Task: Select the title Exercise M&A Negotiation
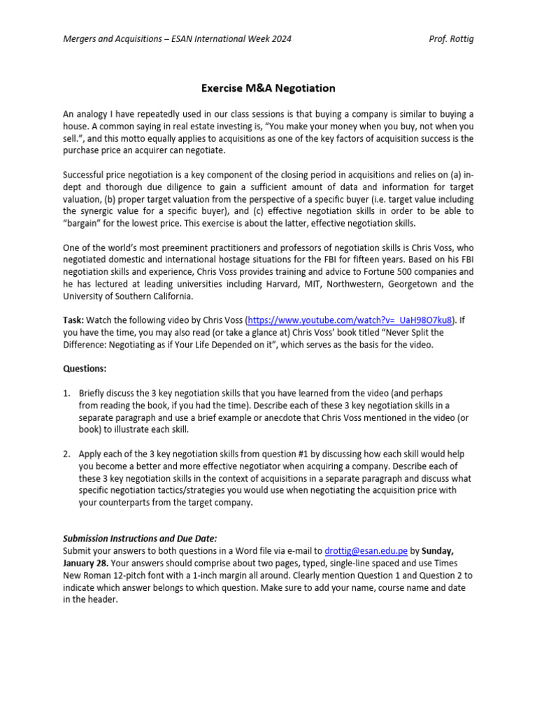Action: tap(268, 88)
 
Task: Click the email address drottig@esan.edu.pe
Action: tap(366, 551)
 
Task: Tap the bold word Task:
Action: tap(73, 320)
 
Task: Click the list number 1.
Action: tap(66, 394)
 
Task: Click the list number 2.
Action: tap(66, 454)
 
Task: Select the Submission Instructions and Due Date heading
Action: tap(140, 538)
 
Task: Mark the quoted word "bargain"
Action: tap(85, 223)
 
